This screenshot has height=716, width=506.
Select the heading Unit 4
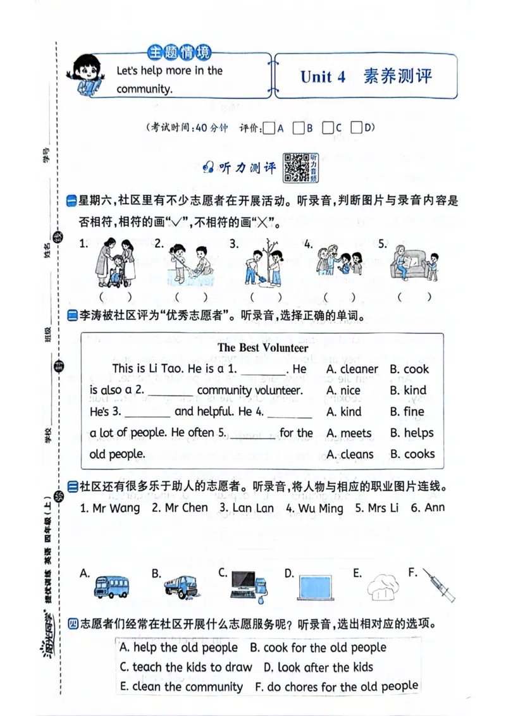click(323, 77)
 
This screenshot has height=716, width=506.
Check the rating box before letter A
click(268, 128)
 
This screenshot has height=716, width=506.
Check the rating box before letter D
click(356, 128)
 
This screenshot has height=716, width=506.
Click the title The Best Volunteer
click(262, 347)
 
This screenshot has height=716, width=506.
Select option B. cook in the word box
click(409, 369)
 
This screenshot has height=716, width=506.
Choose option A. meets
click(349, 433)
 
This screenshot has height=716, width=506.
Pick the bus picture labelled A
click(112, 586)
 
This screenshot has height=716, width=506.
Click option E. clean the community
click(181, 687)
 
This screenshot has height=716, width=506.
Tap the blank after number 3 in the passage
click(147, 412)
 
